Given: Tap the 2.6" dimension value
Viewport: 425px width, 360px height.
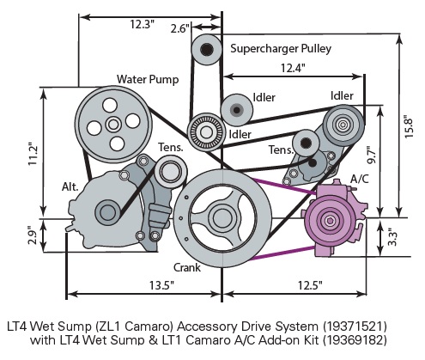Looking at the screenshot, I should pos(179,28).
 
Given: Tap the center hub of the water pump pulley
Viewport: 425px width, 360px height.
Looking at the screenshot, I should pos(114,124).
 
